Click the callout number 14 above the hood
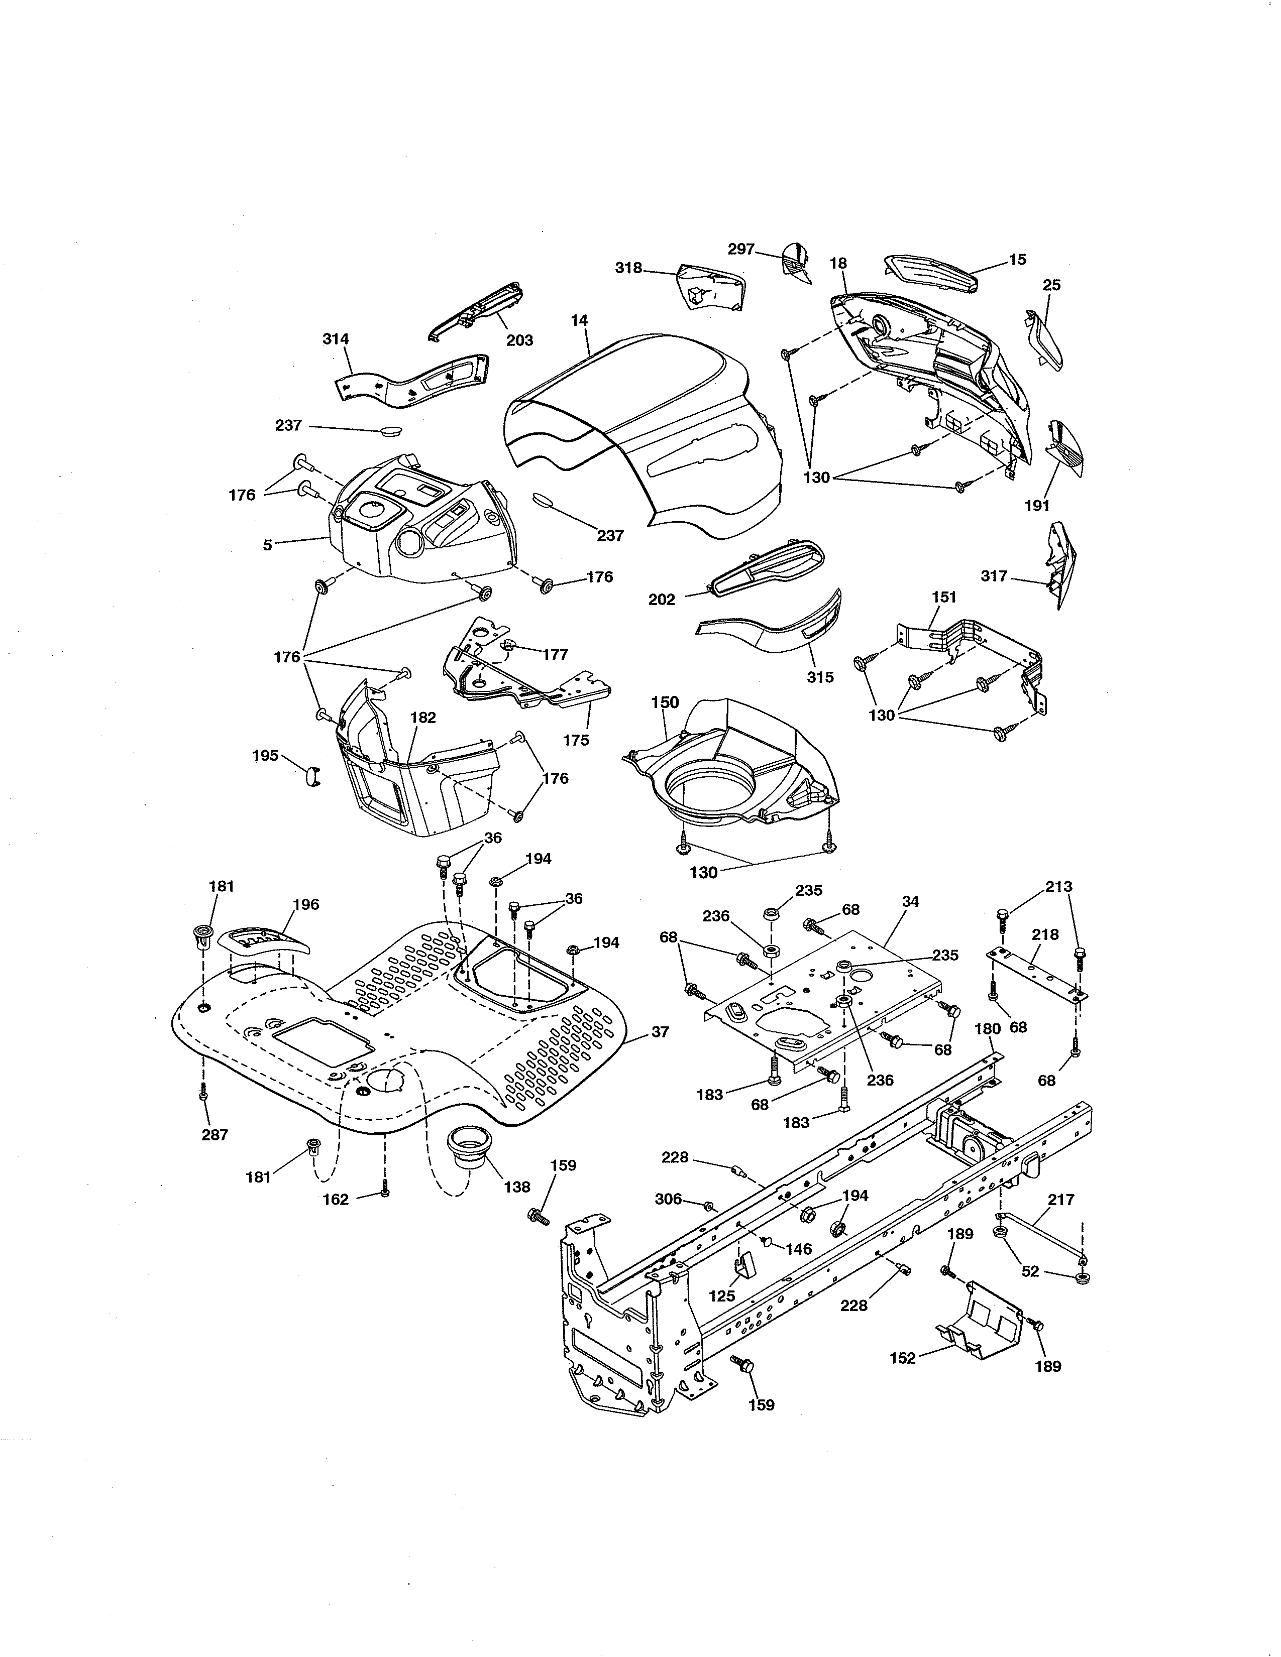(x=579, y=321)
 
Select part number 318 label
(x=628, y=268)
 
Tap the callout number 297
(x=740, y=249)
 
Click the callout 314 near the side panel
(x=336, y=339)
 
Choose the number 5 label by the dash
(x=267, y=545)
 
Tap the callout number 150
(x=665, y=702)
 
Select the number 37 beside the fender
(x=660, y=1032)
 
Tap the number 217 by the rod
(x=1061, y=1200)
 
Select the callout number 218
(x=1045, y=935)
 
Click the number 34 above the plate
(x=911, y=901)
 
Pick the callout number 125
(x=722, y=1296)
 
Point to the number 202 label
(x=662, y=600)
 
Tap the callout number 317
(x=994, y=576)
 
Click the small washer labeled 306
(x=708, y=1206)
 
